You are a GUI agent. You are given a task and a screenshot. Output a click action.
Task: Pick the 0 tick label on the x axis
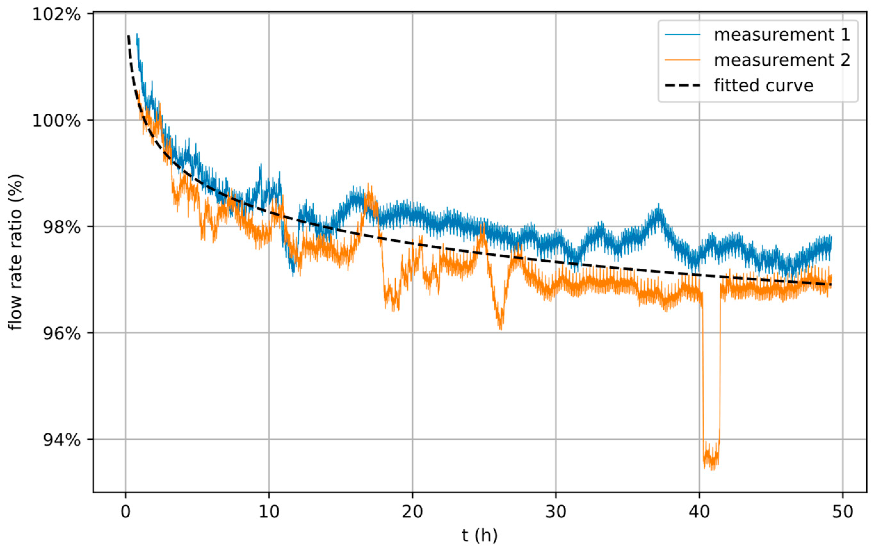[125, 512]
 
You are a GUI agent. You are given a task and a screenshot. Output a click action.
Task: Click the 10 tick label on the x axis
[269, 512]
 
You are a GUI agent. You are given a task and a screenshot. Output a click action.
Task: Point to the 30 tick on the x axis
[556, 512]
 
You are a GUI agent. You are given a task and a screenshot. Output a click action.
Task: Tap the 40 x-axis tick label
[699, 512]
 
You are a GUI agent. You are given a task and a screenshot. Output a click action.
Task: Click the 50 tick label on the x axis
[842, 512]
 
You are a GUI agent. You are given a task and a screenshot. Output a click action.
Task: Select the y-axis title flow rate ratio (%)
[16, 252]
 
